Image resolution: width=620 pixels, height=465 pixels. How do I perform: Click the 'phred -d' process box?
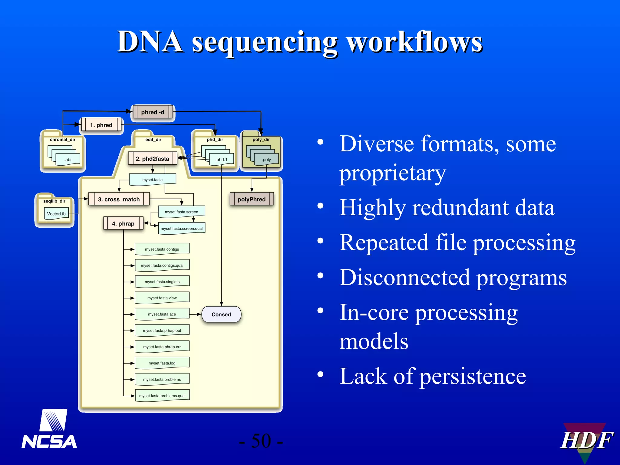(153, 112)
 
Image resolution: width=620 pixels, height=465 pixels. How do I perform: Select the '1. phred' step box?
(101, 125)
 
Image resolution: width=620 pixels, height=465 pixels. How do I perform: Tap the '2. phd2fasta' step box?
(153, 159)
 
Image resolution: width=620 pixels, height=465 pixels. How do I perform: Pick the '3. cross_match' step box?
(119, 199)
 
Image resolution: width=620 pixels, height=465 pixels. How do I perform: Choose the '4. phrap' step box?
(123, 223)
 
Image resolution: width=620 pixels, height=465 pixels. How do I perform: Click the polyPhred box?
(252, 199)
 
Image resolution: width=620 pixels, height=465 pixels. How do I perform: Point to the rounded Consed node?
(221, 314)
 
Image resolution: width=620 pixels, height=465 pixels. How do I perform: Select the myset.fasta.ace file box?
(162, 314)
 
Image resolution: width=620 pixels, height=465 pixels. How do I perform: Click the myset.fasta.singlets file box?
(162, 282)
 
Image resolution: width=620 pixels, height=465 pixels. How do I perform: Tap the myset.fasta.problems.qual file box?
(162, 396)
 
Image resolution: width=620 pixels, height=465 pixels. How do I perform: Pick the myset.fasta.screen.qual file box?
(182, 228)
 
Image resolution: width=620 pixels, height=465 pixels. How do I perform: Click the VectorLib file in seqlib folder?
(56, 213)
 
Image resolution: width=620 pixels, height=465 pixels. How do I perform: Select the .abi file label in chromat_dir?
(68, 160)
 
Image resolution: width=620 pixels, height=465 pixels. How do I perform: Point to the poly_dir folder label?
(261, 140)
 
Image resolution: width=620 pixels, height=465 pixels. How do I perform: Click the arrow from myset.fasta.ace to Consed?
(195, 314)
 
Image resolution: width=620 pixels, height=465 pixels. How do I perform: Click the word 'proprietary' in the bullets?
(392, 173)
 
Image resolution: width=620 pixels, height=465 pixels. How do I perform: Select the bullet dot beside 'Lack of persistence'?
(320, 374)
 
